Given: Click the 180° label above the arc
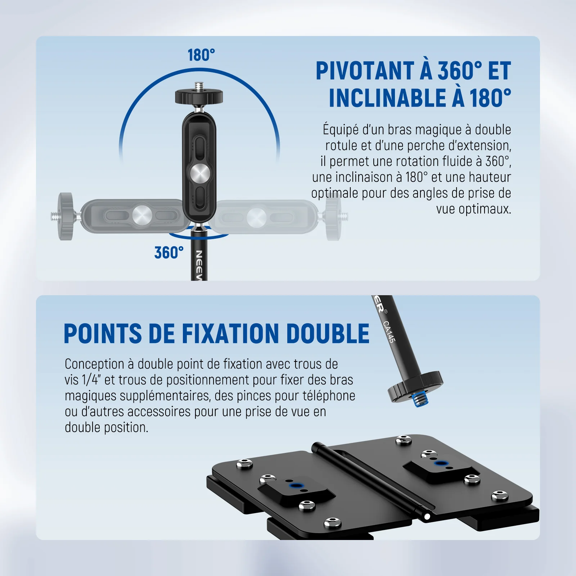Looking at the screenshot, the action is pos(201,55).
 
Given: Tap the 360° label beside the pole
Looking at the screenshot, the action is pos(169,252).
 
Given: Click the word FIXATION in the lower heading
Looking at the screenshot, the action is pos(231,333).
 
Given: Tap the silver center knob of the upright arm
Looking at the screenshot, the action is pos(200,174).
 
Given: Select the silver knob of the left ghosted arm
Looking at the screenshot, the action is pos(142,216).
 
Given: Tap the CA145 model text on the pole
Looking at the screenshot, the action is pos(390,332).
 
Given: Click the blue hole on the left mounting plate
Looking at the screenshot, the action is pos(296,486).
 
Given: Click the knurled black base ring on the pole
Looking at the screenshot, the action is pos(415,387).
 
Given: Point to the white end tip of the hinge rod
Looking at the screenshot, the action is pos(427,517).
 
